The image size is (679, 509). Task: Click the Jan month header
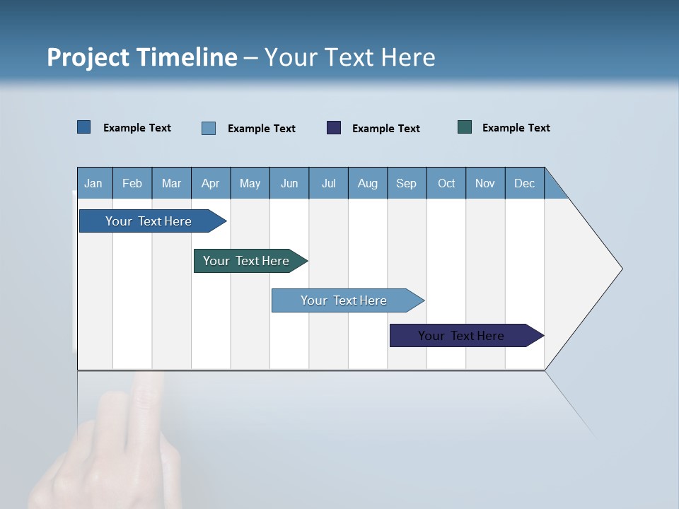[93, 183]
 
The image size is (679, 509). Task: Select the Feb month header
[132, 183]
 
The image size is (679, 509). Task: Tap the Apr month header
[210, 183]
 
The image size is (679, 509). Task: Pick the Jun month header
[289, 183]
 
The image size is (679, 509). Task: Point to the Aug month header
[367, 183]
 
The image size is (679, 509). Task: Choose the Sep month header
[406, 183]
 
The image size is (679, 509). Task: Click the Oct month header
[446, 183]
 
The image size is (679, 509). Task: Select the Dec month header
[524, 183]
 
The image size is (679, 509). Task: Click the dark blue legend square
[84, 127]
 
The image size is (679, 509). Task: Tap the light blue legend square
[209, 128]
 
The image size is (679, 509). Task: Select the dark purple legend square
[334, 127]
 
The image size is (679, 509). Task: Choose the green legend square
[465, 127]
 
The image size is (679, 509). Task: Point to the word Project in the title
[88, 57]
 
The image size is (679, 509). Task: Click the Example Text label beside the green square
[516, 127]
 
